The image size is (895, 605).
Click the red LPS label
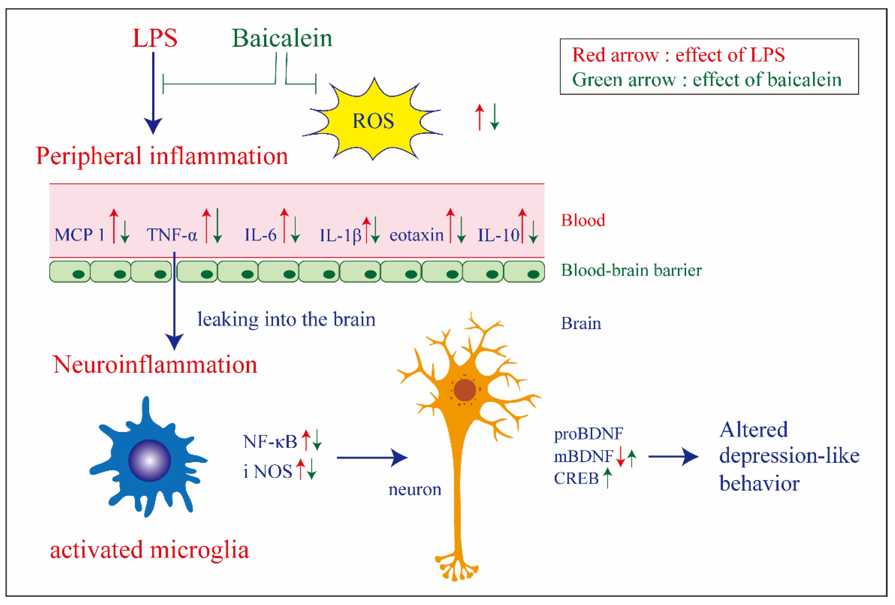click(155, 38)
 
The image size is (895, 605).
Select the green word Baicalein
click(282, 39)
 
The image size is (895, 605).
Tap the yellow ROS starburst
click(373, 121)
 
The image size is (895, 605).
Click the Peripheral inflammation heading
click(162, 156)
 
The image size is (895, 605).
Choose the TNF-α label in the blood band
click(172, 235)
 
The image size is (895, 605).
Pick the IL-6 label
click(261, 235)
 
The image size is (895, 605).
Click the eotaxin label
click(417, 235)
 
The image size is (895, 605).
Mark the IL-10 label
click(498, 235)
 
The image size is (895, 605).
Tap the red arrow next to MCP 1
click(114, 226)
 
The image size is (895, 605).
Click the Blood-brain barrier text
click(631, 270)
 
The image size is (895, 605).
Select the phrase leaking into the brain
click(286, 319)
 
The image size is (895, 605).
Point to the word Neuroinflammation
click(155, 364)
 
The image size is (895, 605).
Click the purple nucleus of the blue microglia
click(149, 460)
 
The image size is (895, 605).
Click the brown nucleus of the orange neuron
click(465, 390)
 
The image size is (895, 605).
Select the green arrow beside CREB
click(607, 478)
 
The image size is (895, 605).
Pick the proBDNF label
click(588, 434)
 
